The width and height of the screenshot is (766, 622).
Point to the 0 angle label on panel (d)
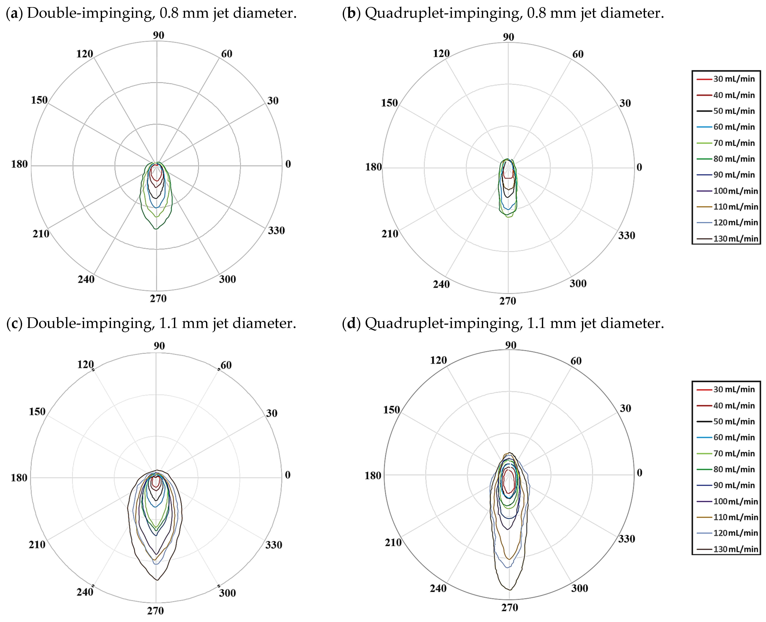point(639,473)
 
